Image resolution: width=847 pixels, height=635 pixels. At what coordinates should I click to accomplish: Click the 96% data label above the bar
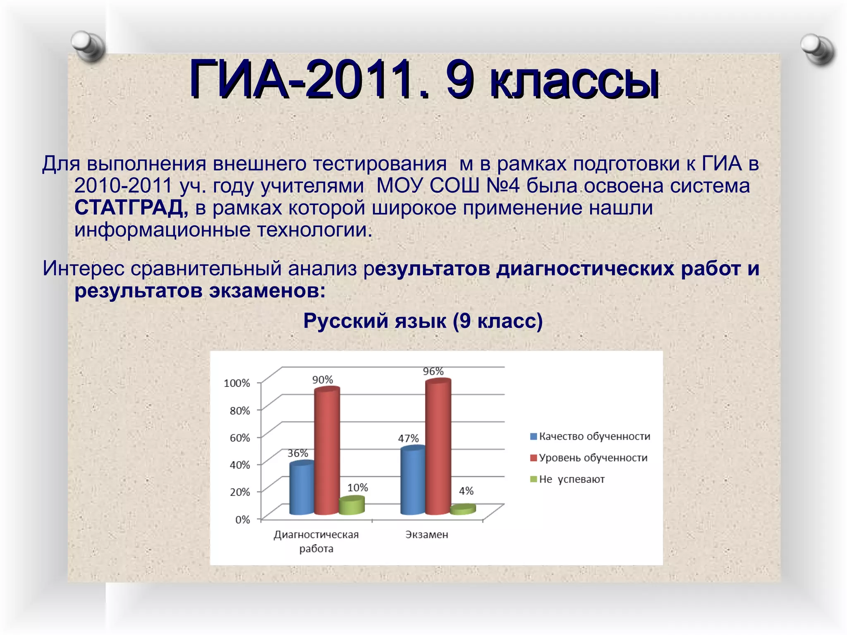click(x=433, y=371)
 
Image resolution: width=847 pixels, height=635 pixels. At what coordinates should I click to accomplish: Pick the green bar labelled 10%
click(x=352, y=506)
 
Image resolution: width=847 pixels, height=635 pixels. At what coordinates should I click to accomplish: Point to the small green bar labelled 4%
click(x=463, y=509)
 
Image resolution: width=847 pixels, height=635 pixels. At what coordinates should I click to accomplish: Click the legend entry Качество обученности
click(x=590, y=436)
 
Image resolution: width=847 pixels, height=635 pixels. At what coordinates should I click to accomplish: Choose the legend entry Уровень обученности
click(x=589, y=458)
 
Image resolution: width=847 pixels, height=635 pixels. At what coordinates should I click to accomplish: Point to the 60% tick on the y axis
click(x=240, y=438)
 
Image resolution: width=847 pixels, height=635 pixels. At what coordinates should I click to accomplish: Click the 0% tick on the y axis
click(x=242, y=520)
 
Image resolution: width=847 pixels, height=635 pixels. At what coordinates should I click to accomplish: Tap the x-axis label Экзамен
click(x=426, y=535)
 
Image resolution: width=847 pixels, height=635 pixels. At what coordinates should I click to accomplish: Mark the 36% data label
click(x=298, y=453)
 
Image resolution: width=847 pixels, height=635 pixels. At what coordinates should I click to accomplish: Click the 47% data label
click(x=408, y=438)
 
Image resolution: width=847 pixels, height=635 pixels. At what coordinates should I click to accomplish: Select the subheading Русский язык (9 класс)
click(x=423, y=321)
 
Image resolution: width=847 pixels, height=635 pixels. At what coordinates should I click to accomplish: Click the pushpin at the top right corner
click(x=817, y=50)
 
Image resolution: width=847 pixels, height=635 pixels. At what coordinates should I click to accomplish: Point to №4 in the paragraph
click(x=502, y=186)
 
